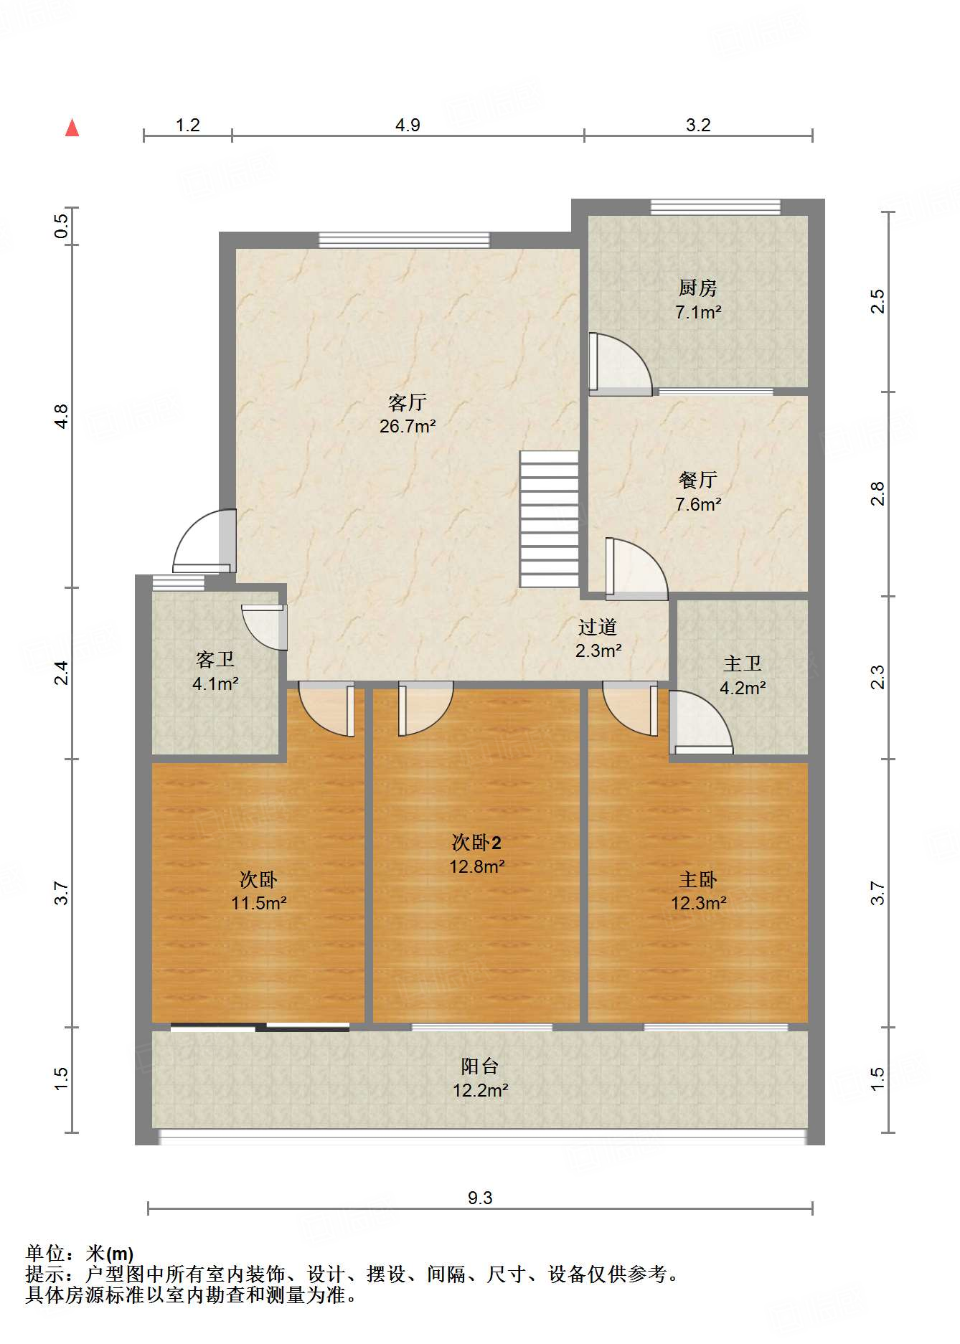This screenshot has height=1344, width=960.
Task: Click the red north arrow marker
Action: pos(72,128)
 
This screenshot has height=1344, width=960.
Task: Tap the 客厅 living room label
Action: pos(408,402)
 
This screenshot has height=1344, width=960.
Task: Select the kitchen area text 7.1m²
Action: pos(698,312)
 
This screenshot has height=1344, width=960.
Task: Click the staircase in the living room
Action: pos(549,519)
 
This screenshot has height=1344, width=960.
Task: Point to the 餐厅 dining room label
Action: pos(698,479)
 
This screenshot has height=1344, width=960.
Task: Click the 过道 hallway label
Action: pos(598,627)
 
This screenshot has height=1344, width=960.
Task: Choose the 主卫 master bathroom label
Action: pos(743,663)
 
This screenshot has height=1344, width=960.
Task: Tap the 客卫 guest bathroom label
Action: pos(215,659)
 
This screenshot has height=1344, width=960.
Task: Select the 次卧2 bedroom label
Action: pos(476,842)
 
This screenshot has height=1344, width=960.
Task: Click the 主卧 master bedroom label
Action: pos(698,879)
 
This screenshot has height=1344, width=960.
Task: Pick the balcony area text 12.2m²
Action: pos(480,1090)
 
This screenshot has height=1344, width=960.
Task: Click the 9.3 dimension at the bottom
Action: pos(480,1198)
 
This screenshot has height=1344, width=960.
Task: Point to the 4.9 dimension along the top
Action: pos(408,125)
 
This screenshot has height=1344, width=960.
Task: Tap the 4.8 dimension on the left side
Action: pos(62,417)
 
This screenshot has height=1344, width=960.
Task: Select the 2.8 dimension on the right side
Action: pos(878,493)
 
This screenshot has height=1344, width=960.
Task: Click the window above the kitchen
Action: pos(715,207)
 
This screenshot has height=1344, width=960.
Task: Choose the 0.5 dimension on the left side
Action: pos(62,227)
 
